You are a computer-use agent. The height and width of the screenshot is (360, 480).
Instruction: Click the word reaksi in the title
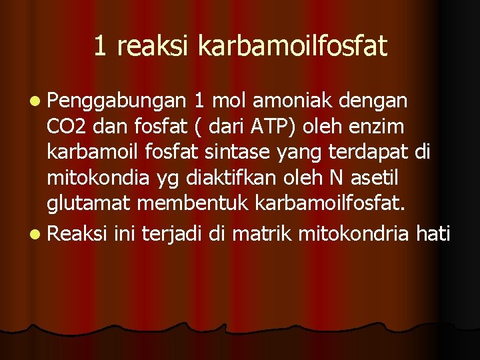[152, 45]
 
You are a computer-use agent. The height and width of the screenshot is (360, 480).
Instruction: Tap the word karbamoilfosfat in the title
[293, 45]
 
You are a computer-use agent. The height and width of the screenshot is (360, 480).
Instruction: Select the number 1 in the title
[100, 45]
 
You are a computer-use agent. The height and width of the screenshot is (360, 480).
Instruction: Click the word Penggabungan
[117, 102]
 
